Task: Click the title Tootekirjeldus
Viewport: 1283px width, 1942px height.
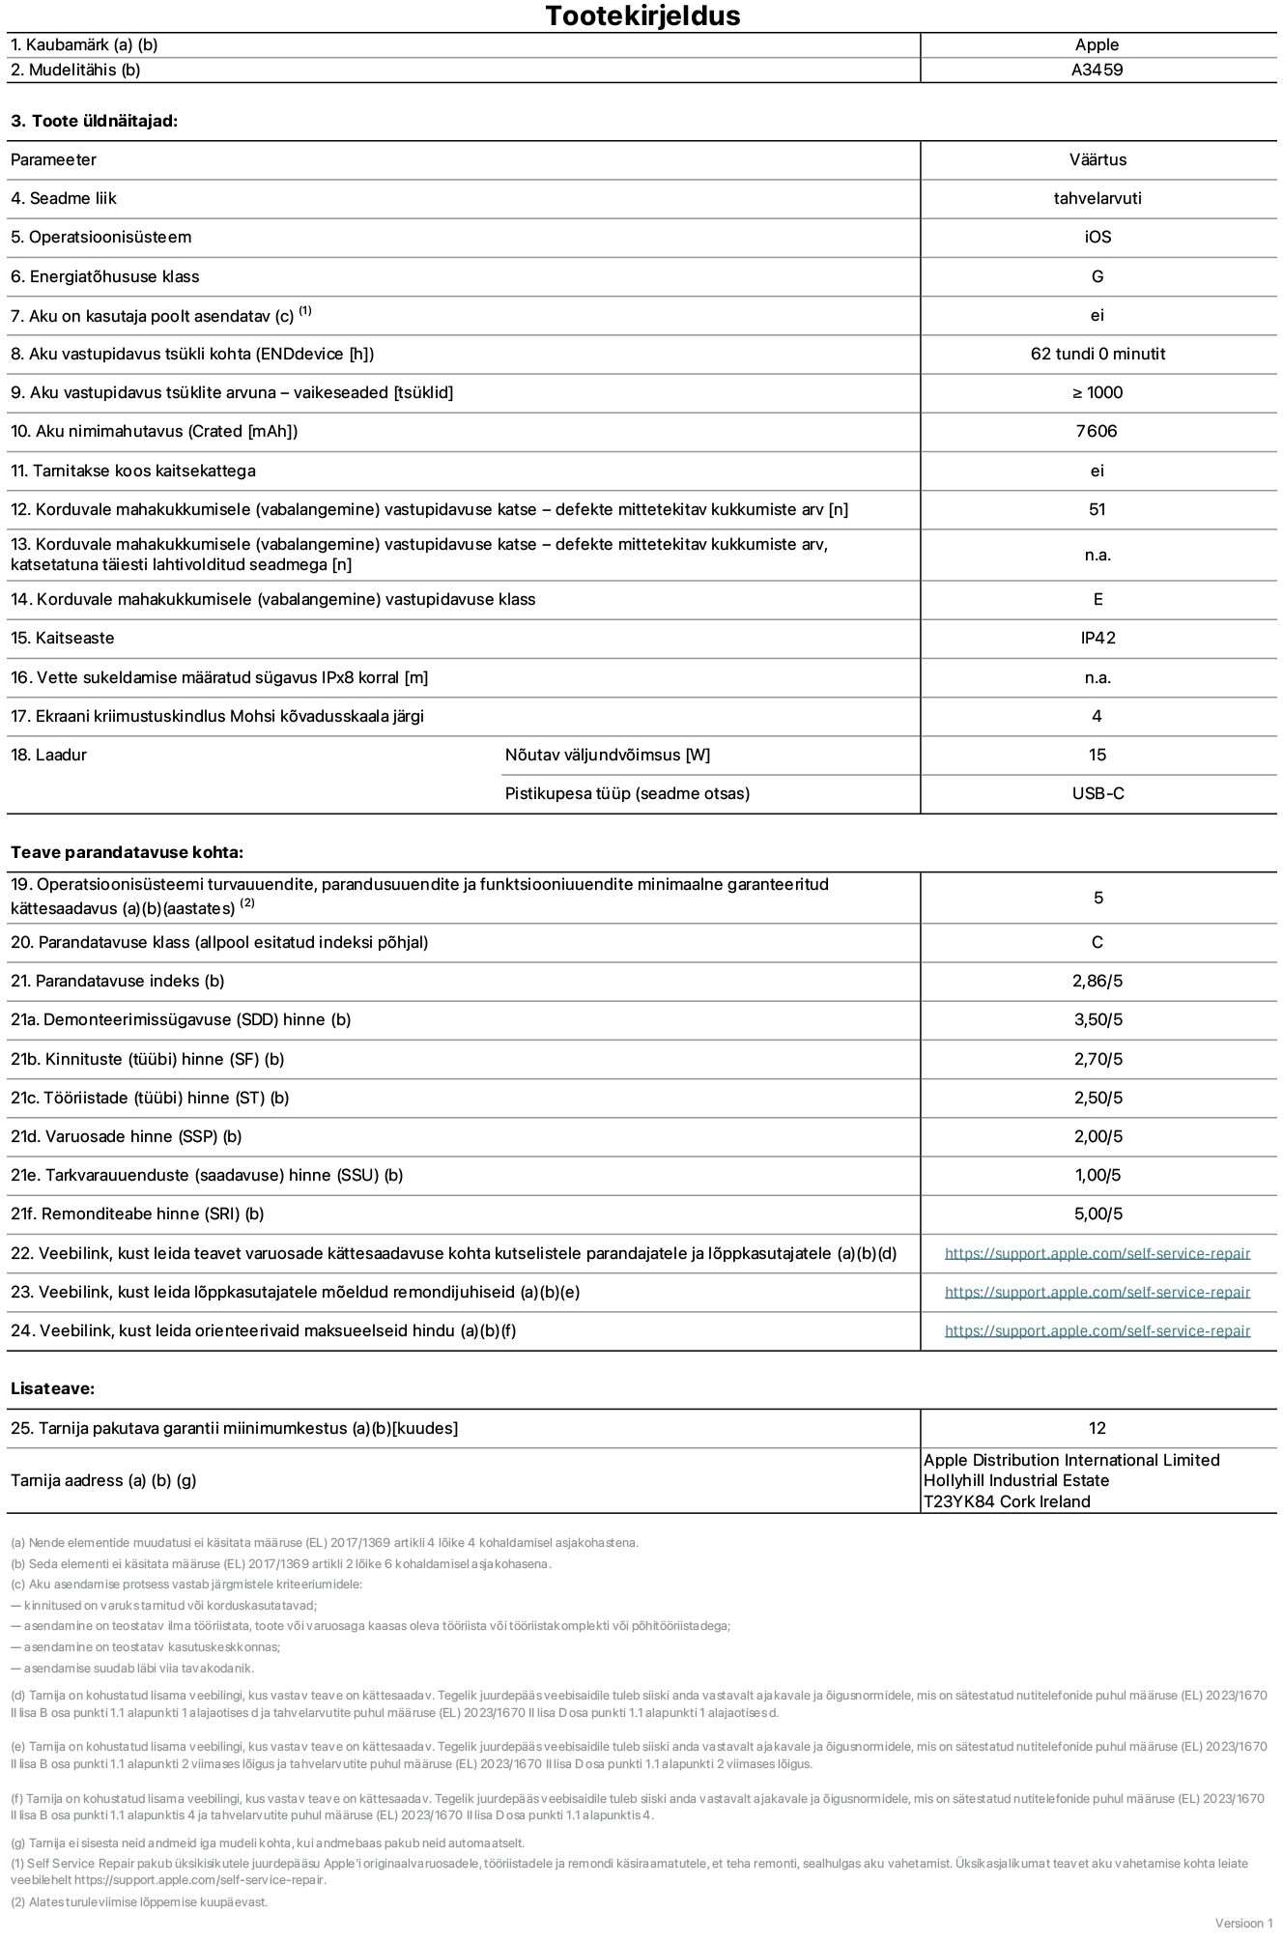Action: [642, 15]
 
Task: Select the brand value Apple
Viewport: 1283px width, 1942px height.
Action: [1097, 44]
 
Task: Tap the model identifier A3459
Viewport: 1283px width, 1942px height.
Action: [1097, 70]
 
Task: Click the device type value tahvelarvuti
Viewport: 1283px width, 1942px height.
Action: [1098, 198]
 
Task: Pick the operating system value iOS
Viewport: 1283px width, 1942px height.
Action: [1098, 237]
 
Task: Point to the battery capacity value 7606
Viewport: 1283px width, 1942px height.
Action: [1097, 431]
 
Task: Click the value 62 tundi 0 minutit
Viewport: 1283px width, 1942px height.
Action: [1098, 354]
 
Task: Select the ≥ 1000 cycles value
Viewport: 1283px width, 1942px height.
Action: [1097, 392]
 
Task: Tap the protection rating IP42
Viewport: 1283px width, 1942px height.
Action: [1098, 638]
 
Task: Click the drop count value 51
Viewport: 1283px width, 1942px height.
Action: [1097, 509]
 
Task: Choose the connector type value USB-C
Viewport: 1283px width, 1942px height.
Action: [1098, 793]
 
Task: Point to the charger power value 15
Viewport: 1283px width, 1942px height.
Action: [1097, 755]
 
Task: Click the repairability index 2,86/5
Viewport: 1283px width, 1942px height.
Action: [1098, 981]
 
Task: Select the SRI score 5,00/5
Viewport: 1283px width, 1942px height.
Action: [1098, 1214]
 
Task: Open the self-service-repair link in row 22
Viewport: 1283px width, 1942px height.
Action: [1097, 1253]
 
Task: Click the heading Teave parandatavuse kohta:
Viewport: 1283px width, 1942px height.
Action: [127, 852]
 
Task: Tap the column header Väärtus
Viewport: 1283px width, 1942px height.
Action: [1098, 159]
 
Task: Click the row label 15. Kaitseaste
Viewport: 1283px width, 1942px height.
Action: [63, 638]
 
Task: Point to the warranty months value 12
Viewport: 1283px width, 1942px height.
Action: [1097, 1428]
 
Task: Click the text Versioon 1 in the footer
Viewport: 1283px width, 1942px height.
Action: [1243, 1923]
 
